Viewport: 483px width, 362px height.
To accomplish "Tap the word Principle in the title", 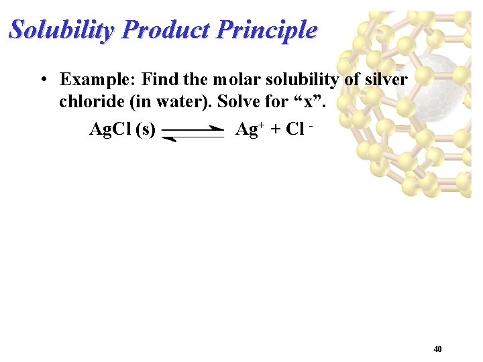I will (269, 30).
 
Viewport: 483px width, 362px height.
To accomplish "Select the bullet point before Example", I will (42, 80).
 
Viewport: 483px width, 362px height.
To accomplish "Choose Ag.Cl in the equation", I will (111, 129).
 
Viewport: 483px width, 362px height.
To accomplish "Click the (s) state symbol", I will (146, 129).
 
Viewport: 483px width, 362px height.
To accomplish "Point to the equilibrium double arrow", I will (193, 133).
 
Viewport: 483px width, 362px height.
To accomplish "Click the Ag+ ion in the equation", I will (249, 129).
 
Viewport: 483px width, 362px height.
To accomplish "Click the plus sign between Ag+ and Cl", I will (276, 129).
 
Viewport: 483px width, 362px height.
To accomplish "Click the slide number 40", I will (437, 349).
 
